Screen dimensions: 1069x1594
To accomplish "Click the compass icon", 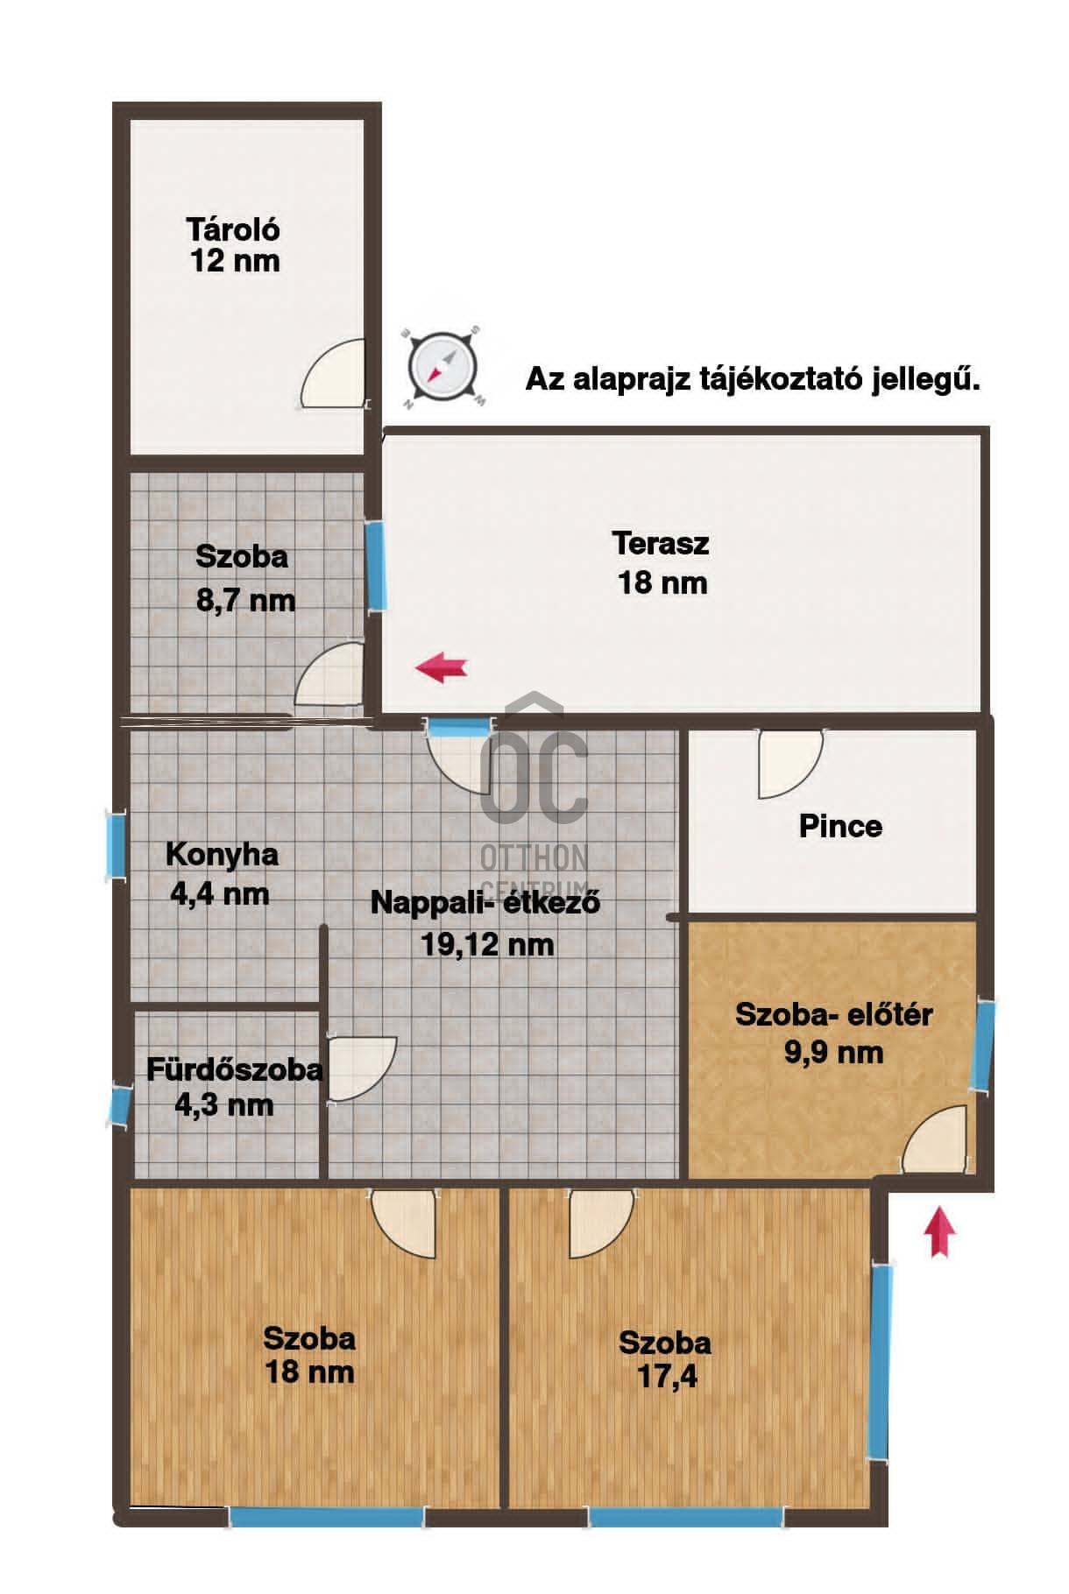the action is [443, 368].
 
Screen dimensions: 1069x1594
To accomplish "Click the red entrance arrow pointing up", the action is [939, 1231].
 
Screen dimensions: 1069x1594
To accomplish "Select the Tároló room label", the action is [233, 229].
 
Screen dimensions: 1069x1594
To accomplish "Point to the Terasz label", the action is [661, 543].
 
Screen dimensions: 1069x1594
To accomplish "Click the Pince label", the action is [840, 826].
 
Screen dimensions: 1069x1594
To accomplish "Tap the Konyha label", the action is [222, 854].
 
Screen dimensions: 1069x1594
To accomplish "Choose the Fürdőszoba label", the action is [235, 1069].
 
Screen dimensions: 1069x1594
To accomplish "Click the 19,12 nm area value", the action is [487, 944].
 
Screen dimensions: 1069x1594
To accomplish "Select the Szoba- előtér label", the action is [833, 1014].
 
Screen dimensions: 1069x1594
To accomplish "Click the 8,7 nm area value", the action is [245, 601].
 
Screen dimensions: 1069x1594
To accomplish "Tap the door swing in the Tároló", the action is [334, 373].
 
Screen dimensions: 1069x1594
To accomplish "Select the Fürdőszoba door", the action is [362, 1070].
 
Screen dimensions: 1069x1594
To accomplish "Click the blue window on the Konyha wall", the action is [116, 843].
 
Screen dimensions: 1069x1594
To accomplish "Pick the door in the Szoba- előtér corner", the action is [937, 1139].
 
